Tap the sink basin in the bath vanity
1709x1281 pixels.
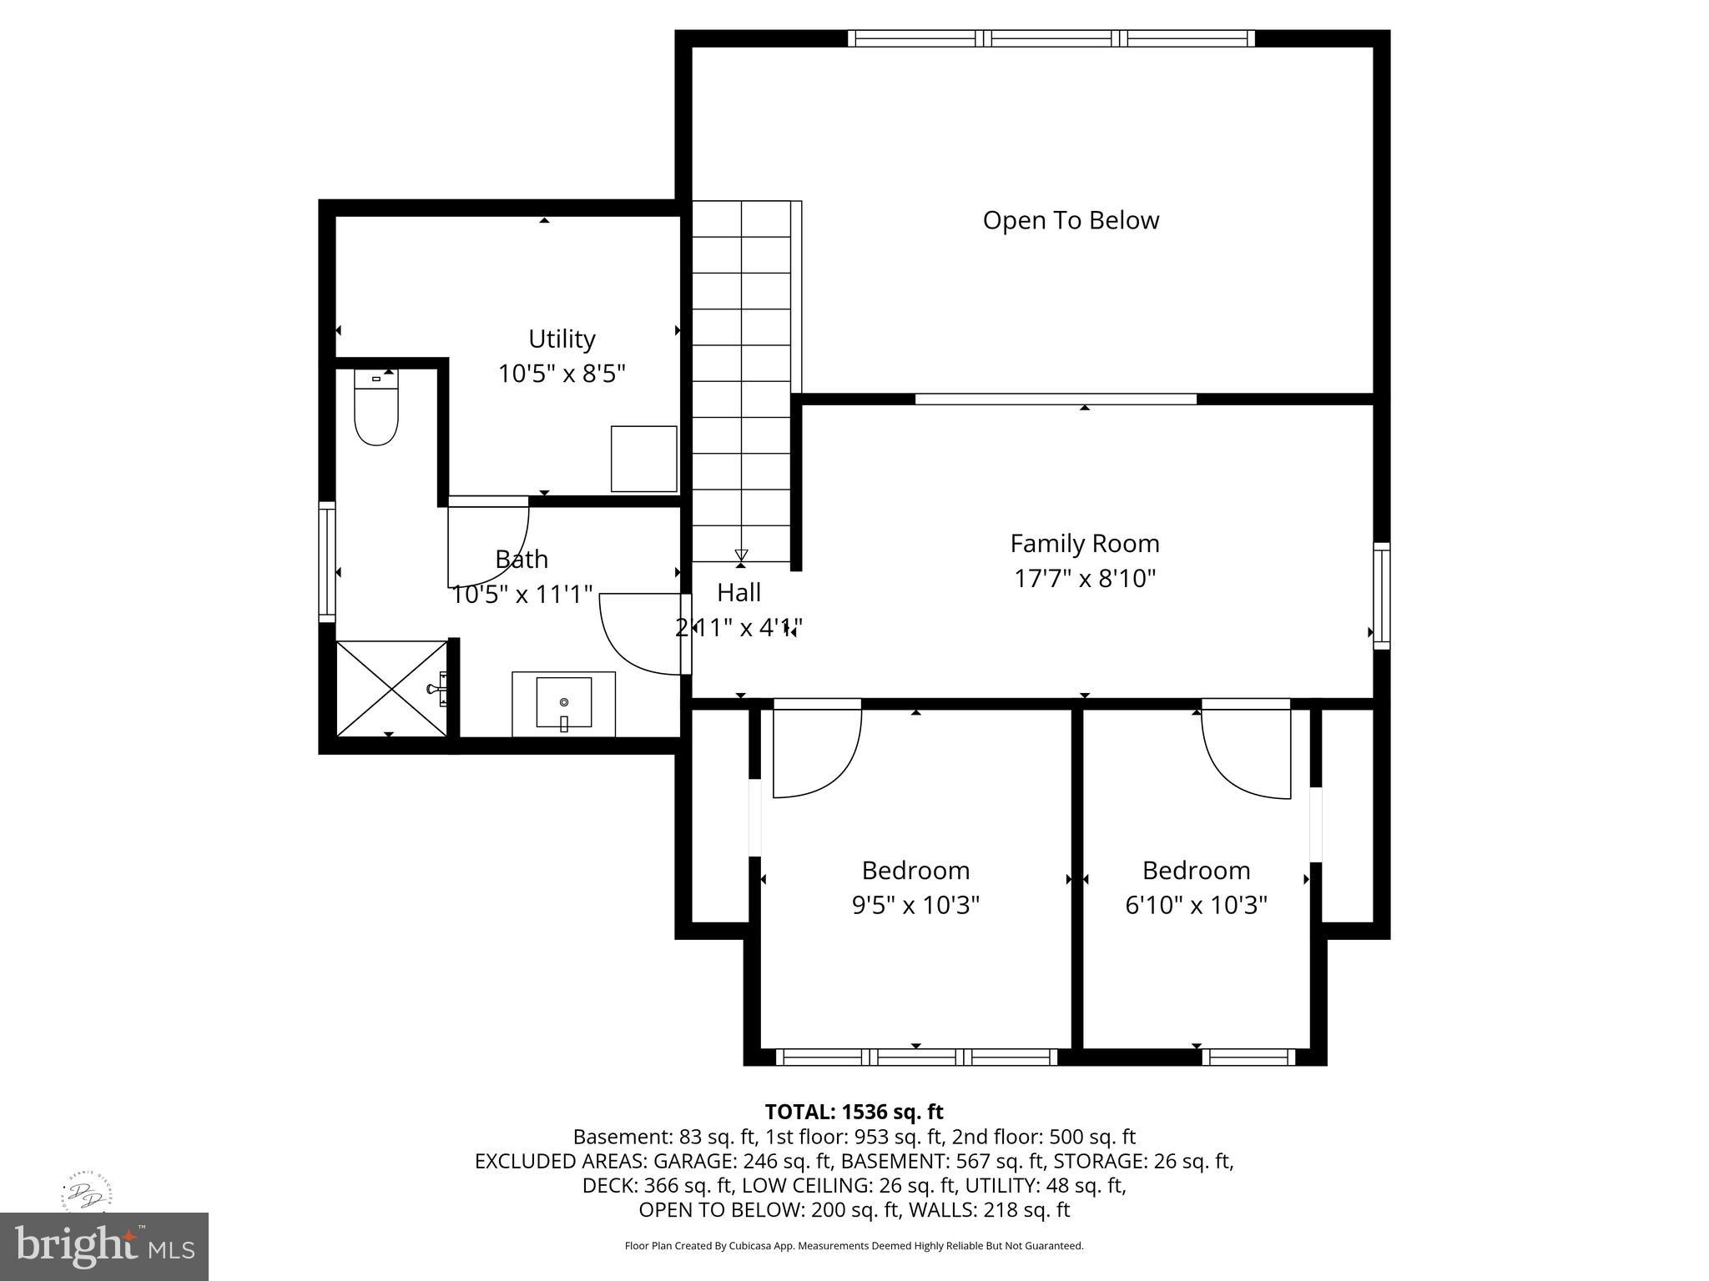coord(564,702)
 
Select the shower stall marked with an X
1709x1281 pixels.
coord(391,688)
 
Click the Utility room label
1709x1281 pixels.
coord(562,339)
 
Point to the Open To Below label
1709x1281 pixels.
coord(1071,220)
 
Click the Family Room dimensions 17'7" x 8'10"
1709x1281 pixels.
coord(1085,578)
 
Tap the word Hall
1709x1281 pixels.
coord(739,592)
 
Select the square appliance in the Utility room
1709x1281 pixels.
coord(643,459)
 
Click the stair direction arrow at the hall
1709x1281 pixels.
coord(741,555)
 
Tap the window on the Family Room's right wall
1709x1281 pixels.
coord(1382,595)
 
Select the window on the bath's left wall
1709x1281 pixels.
coord(327,561)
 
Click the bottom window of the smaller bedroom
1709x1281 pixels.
coord(1248,1057)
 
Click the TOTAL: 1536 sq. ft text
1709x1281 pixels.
coord(854,1112)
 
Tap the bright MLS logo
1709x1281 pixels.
coord(104,1246)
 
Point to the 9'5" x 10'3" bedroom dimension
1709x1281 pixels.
coord(915,905)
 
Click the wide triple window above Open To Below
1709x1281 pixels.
coord(1051,38)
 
